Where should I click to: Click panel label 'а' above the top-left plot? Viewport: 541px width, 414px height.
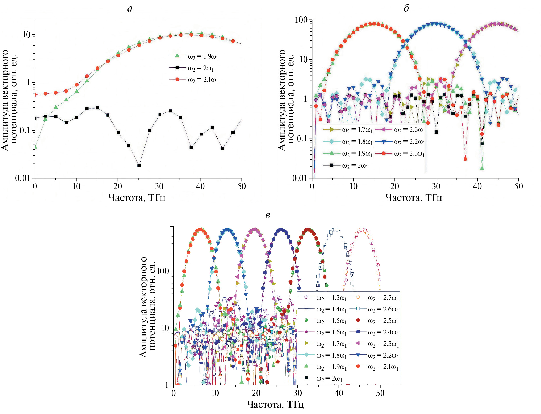pos(130,9)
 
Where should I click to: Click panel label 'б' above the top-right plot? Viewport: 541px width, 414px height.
pos(406,8)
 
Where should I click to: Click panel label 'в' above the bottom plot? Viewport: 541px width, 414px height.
pos(267,216)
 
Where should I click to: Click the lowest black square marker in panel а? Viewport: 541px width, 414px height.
pos(139,165)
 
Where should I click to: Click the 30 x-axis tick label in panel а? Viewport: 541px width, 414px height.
pos(159,186)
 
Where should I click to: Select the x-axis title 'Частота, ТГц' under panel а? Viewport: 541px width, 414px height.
pos(137,197)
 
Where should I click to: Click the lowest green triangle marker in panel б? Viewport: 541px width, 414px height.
pos(482,168)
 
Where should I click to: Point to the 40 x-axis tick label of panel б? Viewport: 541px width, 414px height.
pos(477,186)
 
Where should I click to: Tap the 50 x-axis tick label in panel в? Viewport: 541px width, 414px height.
pos(380,393)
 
